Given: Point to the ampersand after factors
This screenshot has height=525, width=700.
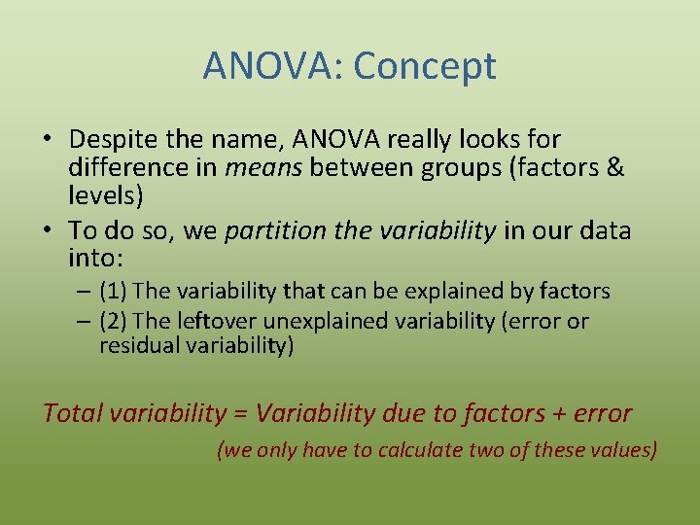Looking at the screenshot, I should pos(614,167).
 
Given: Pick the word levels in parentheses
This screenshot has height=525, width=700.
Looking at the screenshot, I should pos(105,194).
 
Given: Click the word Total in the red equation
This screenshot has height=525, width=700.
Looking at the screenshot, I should pos(73,413).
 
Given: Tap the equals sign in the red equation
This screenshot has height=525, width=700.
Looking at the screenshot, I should pos(239,414).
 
